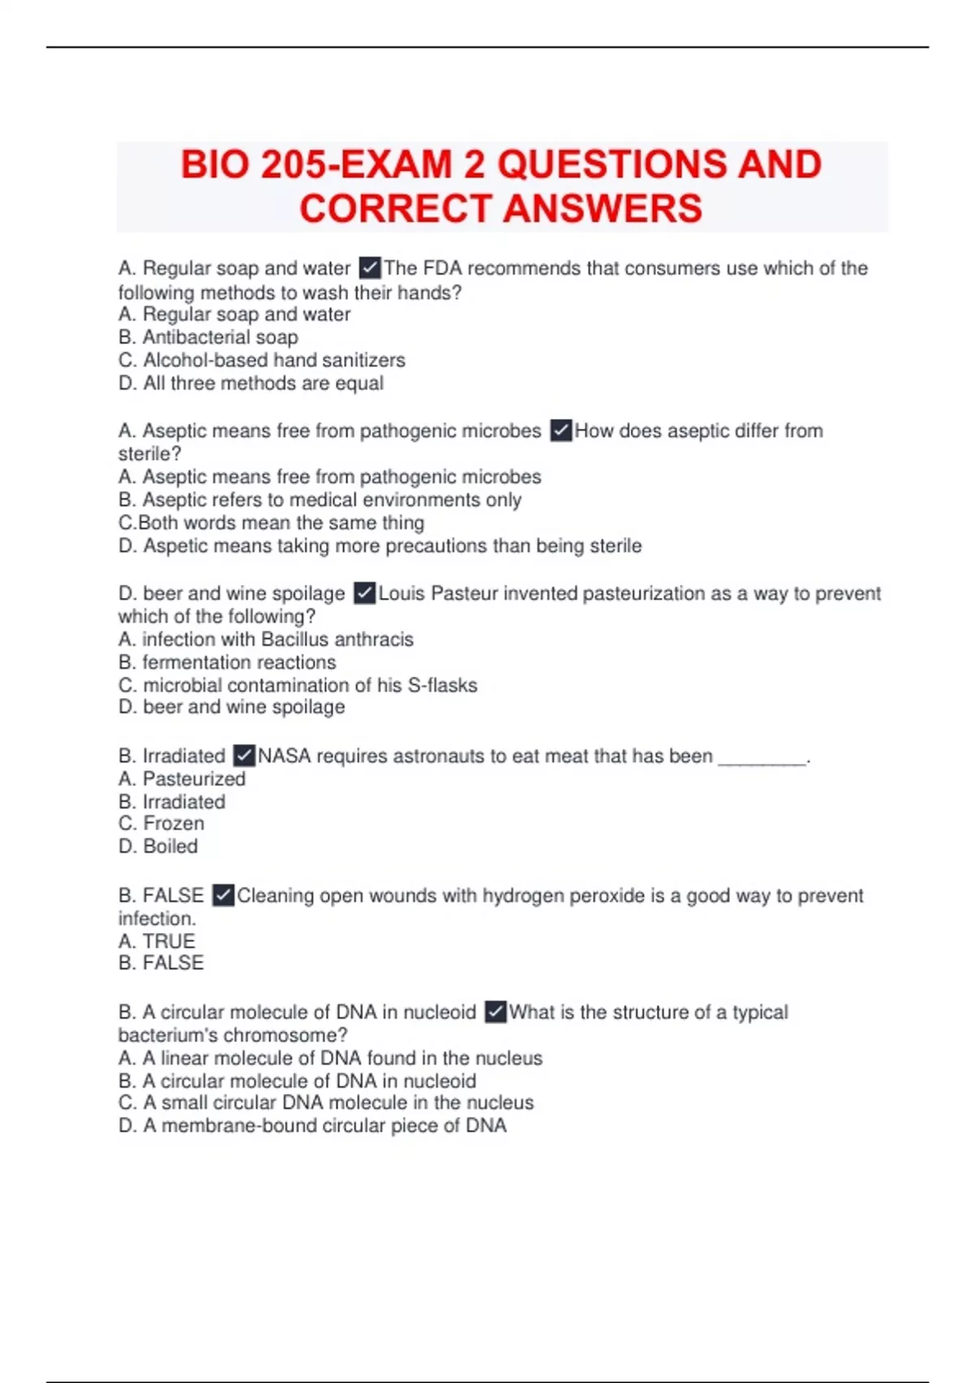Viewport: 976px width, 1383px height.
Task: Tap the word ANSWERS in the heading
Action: pyautogui.click(x=603, y=209)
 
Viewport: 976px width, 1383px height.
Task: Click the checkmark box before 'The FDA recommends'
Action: pyautogui.click(x=369, y=268)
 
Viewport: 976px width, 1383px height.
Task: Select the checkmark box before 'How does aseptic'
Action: pyautogui.click(x=561, y=430)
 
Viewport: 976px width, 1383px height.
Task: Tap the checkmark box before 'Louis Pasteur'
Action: pyautogui.click(x=365, y=593)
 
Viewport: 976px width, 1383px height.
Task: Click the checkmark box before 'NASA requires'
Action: pyautogui.click(x=244, y=756)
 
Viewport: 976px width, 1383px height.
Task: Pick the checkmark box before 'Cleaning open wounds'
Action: pyautogui.click(x=224, y=896)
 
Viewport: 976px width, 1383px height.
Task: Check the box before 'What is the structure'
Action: pyautogui.click(x=495, y=1012)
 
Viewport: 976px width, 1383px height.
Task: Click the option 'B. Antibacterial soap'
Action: pyautogui.click(x=208, y=337)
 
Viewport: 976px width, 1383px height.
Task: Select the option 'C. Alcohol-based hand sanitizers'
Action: pyautogui.click(x=262, y=360)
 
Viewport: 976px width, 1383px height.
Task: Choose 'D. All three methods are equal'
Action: pyautogui.click(x=251, y=383)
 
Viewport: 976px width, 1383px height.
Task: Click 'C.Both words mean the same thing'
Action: pyautogui.click(x=271, y=522)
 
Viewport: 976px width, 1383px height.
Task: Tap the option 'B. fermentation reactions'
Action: pyautogui.click(x=227, y=662)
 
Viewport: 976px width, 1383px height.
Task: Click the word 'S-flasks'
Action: pyautogui.click(x=442, y=685)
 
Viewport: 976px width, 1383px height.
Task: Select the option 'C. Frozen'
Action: pyautogui.click(x=161, y=823)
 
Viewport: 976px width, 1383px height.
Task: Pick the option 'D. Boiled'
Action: pyautogui.click(x=158, y=846)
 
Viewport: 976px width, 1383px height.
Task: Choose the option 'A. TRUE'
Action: pyautogui.click(x=157, y=941)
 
